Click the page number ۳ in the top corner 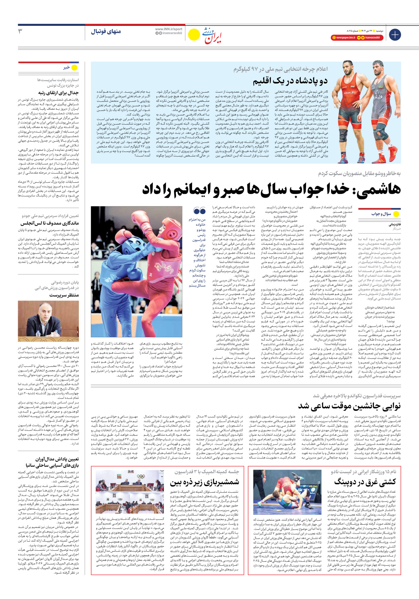[20, 31]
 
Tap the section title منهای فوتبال [106, 32]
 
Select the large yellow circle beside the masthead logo [194, 34]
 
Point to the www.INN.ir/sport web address [169, 29]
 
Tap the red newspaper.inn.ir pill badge [344, 38]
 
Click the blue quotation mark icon [199, 211]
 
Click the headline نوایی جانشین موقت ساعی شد [349, 406]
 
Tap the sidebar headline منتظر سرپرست [64, 295]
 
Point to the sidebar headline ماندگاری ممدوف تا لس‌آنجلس [50, 223]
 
